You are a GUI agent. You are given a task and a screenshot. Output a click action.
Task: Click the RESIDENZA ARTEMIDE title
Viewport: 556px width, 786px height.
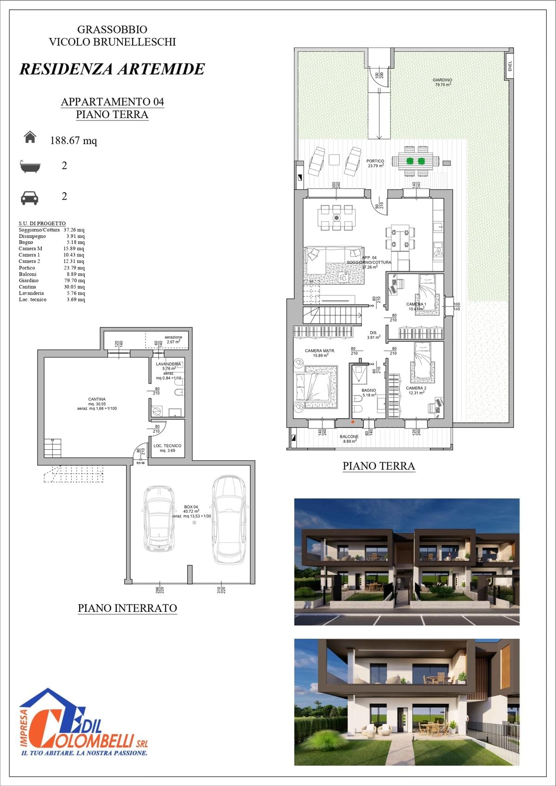(112, 69)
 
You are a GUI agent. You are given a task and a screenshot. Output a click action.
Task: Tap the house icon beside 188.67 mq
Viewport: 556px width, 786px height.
(30, 137)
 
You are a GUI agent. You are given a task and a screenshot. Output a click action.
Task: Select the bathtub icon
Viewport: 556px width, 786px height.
(30, 166)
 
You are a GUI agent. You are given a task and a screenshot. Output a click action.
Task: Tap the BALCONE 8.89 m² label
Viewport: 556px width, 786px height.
(349, 439)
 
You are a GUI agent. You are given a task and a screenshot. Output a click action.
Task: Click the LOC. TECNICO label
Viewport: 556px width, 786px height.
(167, 448)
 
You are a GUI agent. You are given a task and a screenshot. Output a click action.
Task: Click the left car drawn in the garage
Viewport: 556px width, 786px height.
(159, 518)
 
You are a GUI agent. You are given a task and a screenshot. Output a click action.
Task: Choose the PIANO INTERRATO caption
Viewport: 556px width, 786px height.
(127, 608)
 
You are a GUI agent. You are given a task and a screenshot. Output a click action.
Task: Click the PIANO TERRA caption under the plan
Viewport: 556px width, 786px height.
(379, 466)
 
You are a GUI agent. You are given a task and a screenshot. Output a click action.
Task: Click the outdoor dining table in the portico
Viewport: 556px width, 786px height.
(415, 161)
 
